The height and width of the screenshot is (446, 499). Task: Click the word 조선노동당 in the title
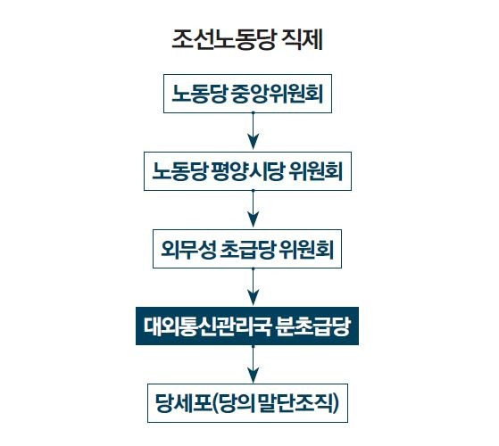pyautogui.click(x=223, y=40)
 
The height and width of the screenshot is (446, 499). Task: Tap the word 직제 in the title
pyautogui.click(x=302, y=40)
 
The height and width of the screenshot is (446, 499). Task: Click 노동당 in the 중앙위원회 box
pyautogui.click(x=199, y=94)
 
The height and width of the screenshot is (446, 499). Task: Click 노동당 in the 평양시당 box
pyautogui.click(x=179, y=171)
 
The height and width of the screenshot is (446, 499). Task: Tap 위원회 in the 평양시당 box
pyautogui.click(x=316, y=171)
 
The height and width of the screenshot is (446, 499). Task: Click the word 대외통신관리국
pyautogui.click(x=207, y=326)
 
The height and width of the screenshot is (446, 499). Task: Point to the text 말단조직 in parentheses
pyautogui.click(x=296, y=404)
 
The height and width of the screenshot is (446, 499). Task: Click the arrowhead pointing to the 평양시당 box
pyautogui.click(x=253, y=142)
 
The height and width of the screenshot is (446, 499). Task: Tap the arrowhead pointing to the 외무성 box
pyautogui.click(x=253, y=219)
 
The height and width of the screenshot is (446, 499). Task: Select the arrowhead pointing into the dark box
pyautogui.click(x=253, y=297)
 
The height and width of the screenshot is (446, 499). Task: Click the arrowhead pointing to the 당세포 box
pyautogui.click(x=253, y=376)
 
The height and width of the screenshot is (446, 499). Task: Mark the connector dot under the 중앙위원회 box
pyautogui.click(x=253, y=113)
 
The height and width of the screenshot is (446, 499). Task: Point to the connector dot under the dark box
pyautogui.click(x=253, y=346)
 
